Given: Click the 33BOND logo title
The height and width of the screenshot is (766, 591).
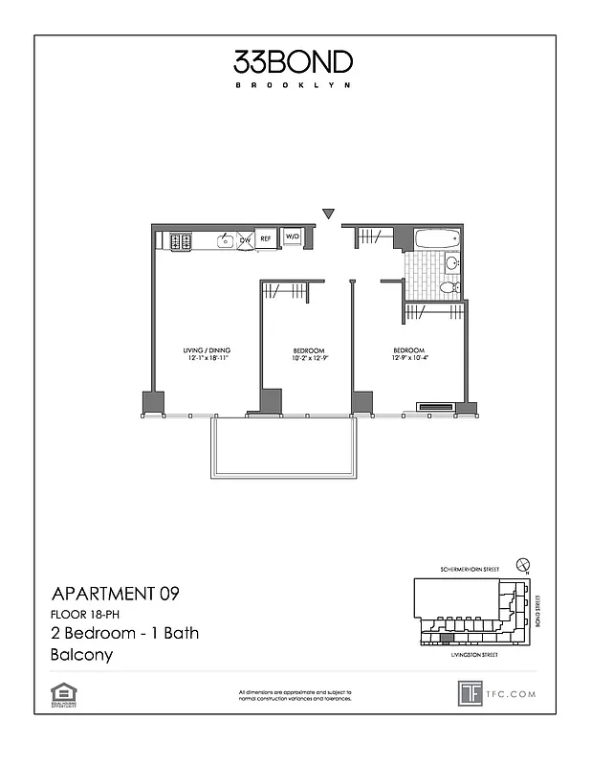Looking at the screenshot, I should [x=293, y=62].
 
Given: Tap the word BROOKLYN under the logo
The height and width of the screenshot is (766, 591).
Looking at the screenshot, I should [x=293, y=85].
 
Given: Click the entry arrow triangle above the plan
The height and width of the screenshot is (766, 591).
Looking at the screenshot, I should [x=328, y=214].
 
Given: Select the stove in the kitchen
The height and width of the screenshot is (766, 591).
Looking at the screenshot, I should [x=181, y=241].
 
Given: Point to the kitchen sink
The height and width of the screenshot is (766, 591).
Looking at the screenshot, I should [x=226, y=240].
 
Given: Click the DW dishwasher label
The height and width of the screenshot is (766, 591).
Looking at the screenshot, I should [x=245, y=239].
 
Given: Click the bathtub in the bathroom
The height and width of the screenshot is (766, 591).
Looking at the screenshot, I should [x=438, y=238].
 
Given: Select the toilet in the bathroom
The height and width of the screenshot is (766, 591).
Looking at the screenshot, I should [x=448, y=286].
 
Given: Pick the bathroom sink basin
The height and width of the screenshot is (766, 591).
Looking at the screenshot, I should [x=452, y=261].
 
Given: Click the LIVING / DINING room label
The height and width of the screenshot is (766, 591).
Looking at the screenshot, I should [x=208, y=350].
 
